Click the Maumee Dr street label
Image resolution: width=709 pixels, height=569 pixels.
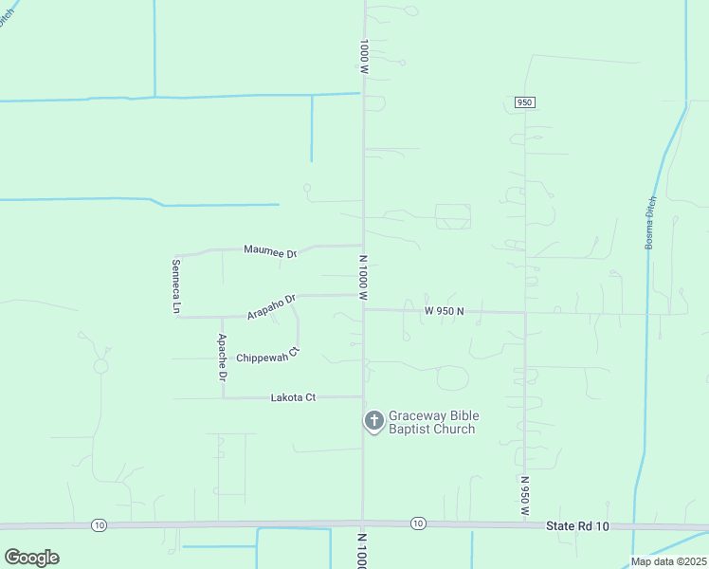tap(270, 251)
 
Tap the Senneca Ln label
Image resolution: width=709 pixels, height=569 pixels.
tap(175, 285)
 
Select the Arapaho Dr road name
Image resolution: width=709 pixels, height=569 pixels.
tap(272, 305)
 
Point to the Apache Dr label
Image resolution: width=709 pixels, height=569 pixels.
tap(222, 357)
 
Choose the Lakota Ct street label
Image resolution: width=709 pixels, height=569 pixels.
tap(292, 398)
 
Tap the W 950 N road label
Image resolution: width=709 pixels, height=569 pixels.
tap(444, 310)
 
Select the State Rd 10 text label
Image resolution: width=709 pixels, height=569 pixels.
tap(578, 525)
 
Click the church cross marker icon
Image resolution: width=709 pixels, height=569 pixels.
tap(374, 420)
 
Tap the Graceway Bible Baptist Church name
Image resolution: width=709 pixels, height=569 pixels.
tap(433, 422)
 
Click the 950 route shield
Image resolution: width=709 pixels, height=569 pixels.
tap(524, 101)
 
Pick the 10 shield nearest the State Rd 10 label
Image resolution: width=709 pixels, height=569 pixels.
tap(418, 523)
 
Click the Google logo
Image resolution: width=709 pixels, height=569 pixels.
tap(31, 558)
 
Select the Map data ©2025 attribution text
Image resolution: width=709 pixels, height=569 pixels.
tap(667, 561)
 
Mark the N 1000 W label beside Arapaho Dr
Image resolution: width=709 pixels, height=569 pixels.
tap(362, 277)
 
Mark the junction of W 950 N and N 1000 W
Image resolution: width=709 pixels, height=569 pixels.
tap(363, 309)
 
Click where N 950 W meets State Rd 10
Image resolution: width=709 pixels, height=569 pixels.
tap(524, 524)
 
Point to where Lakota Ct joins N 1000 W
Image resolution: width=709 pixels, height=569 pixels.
tap(363, 397)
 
